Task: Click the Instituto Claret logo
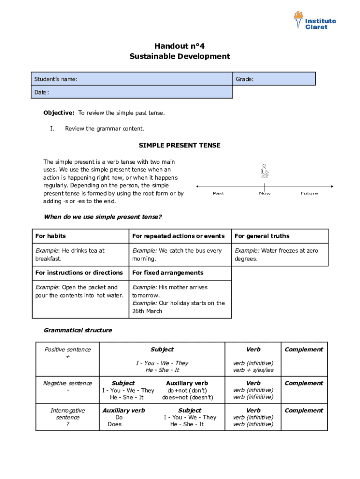314,21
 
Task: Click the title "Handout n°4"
180,46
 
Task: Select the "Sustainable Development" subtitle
180,57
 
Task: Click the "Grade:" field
274,79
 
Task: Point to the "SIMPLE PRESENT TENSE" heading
180,145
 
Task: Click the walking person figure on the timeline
265,172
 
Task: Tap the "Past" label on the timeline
218,193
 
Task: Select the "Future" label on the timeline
309,193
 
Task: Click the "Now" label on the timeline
265,193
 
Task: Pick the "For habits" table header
50,236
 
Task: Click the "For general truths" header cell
262,236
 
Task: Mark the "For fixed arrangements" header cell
167,273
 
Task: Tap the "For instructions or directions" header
79,273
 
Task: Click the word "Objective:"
59,113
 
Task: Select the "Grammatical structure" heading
78,330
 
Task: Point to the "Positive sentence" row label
68,350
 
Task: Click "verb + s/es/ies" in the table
253,370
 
